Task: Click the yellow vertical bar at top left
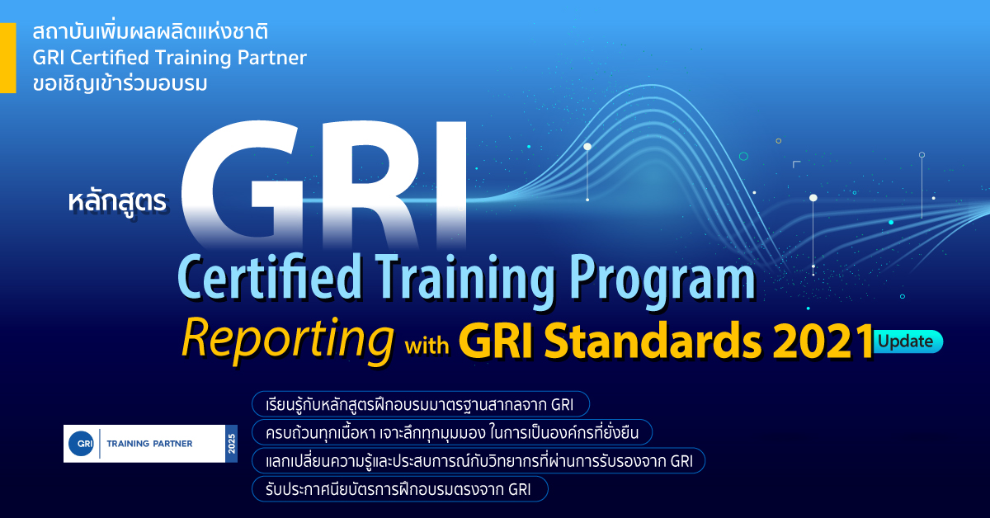pyautogui.click(x=8, y=58)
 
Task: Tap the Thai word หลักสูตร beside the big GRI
pyautogui.click(x=117, y=201)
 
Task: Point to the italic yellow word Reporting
pyautogui.click(x=287, y=340)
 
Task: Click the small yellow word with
pyautogui.click(x=427, y=345)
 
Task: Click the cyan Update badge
pyautogui.click(x=907, y=341)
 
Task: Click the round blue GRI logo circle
pyautogui.click(x=82, y=443)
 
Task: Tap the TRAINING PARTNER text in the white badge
pyautogui.click(x=150, y=444)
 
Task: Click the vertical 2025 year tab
pyautogui.click(x=232, y=444)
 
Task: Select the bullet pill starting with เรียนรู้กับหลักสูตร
pyautogui.click(x=421, y=404)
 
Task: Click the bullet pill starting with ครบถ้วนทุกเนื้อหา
pyautogui.click(x=452, y=432)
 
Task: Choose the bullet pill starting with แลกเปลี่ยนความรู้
pyautogui.click(x=478, y=460)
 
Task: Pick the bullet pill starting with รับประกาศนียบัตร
pyautogui.click(x=400, y=489)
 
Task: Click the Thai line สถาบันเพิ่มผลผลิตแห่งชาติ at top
pyautogui.click(x=150, y=32)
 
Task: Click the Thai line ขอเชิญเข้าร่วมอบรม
pyautogui.click(x=120, y=83)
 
